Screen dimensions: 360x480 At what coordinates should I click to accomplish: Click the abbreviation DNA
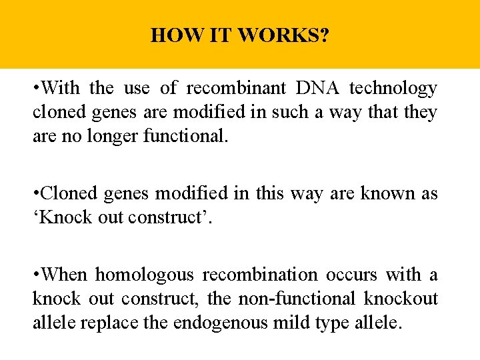click(x=312, y=88)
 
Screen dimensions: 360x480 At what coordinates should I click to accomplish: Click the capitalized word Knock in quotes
click(x=62, y=218)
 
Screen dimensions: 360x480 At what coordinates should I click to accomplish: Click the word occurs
click(x=352, y=275)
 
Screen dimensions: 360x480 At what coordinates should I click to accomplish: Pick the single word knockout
click(x=401, y=299)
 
